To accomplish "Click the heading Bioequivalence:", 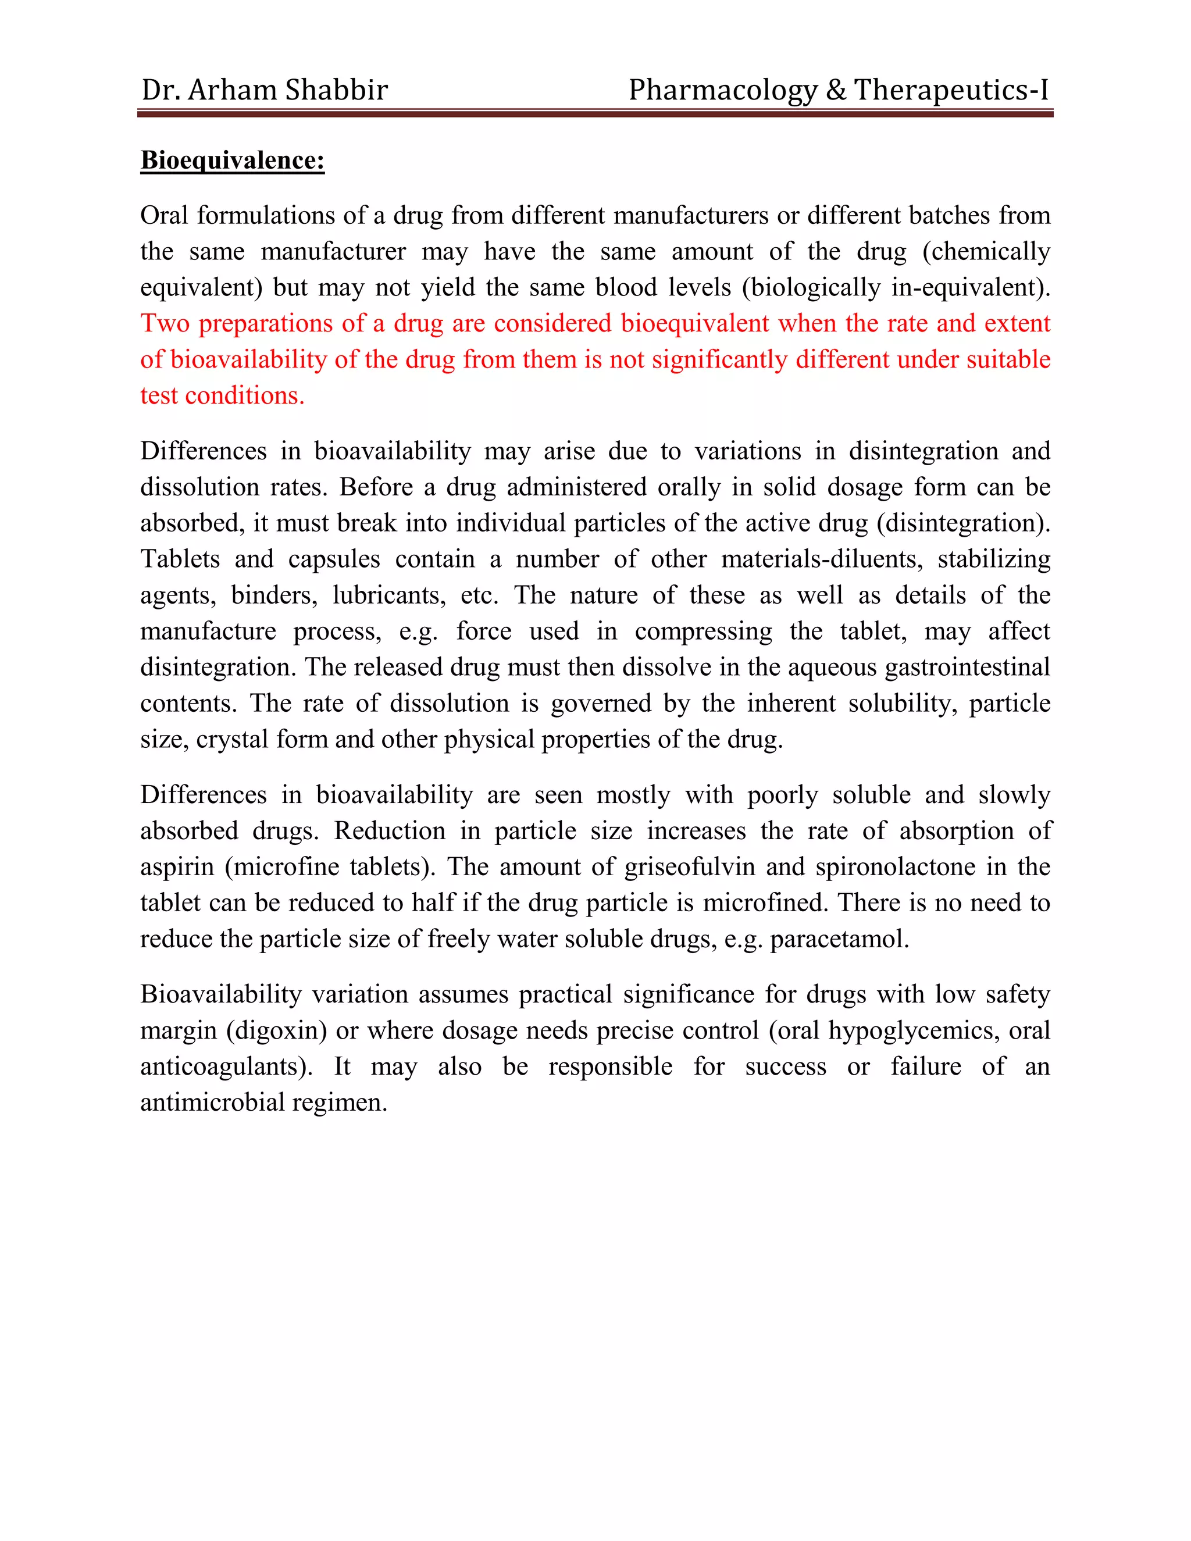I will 232,160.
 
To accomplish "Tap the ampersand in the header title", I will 836,90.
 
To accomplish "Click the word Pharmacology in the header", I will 722,90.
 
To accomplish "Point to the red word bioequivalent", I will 694,323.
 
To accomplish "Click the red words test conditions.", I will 222,395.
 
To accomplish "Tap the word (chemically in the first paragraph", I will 986,251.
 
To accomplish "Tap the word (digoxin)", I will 277,1030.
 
